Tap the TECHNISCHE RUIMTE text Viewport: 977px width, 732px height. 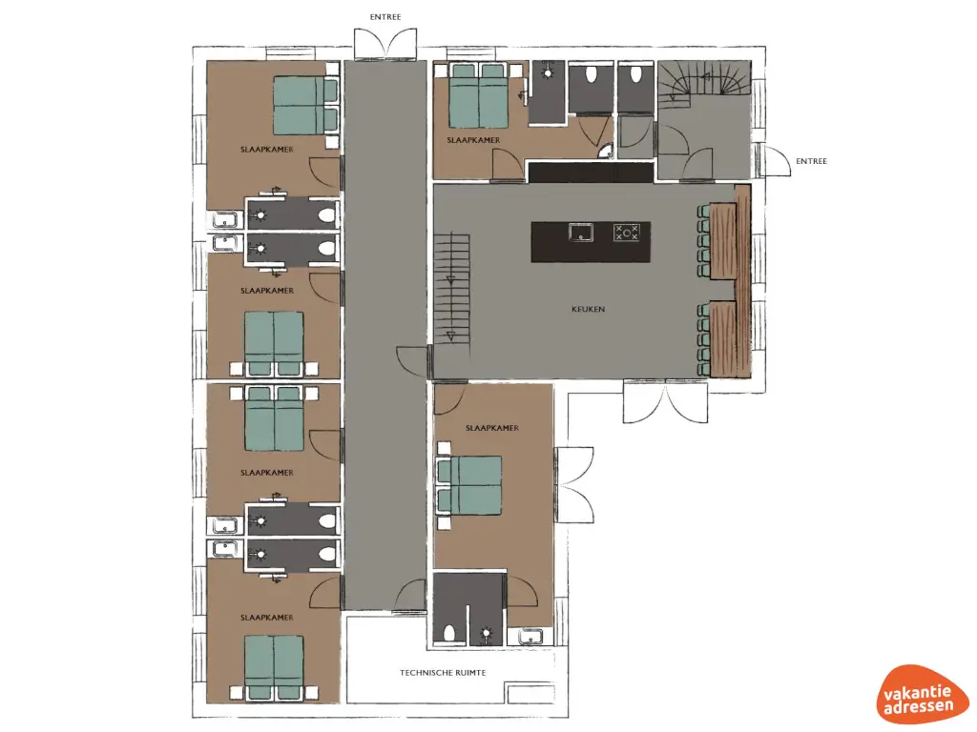[x=443, y=673]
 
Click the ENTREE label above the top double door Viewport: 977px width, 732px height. [x=385, y=17]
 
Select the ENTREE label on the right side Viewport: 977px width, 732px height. [x=811, y=161]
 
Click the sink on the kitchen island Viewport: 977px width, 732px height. [x=579, y=232]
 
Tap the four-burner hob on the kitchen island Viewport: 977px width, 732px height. [x=626, y=232]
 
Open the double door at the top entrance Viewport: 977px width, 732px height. [x=385, y=44]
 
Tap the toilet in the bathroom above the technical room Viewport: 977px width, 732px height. [x=448, y=631]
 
